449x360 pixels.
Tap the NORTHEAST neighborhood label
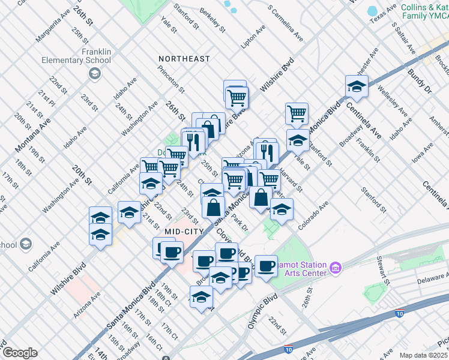(184, 59)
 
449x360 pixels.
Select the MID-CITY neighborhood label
(179, 230)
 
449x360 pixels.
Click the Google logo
(19, 353)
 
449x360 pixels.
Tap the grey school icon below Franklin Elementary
(95, 73)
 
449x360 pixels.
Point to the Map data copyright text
(423, 355)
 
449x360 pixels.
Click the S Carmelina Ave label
(286, 23)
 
